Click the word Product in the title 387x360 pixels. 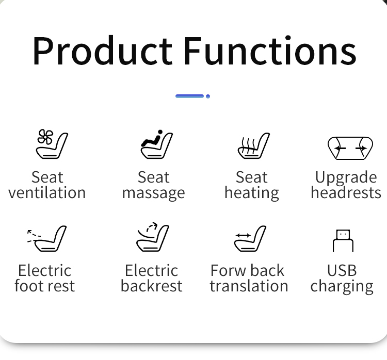[x=103, y=51]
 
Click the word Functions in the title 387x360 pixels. [x=270, y=51]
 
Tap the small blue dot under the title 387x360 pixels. [x=208, y=96]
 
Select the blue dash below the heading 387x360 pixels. [x=189, y=96]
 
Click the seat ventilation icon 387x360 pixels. [x=52, y=144]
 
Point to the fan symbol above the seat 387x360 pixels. [x=45, y=137]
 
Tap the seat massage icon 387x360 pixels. [x=157, y=144]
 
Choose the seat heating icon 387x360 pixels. [x=254, y=145]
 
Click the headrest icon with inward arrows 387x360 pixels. [x=350, y=148]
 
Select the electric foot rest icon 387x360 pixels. [x=47, y=238]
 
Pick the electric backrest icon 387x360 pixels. [x=153, y=237]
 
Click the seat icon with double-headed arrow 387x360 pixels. [x=250, y=238]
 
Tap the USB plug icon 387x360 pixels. [x=343, y=241]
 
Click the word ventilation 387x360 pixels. [x=47, y=193]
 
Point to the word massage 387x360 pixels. [x=154, y=193]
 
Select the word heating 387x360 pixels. [x=252, y=193]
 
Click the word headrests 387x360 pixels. [x=346, y=192]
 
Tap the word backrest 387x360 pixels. [x=152, y=286]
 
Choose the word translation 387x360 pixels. [x=249, y=286]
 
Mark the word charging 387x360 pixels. [x=342, y=287]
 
